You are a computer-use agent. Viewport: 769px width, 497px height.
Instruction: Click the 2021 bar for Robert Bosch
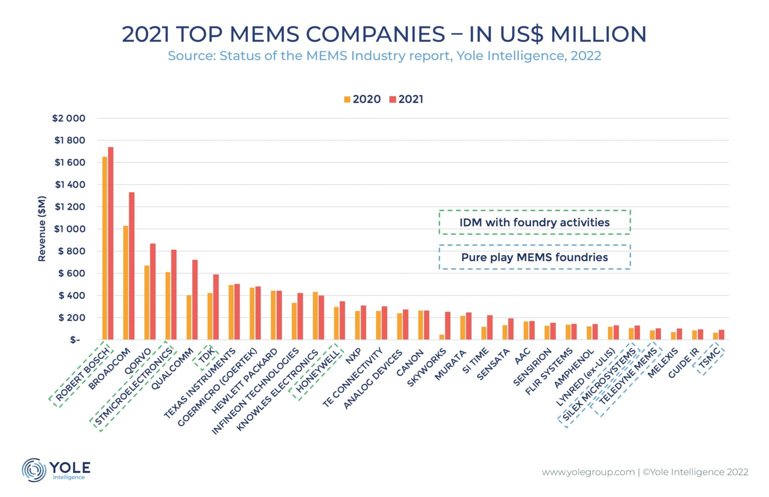tap(111, 243)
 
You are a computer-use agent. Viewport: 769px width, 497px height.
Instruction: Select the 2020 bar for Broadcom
tap(126, 283)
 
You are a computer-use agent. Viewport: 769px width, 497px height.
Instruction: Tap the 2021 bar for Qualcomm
tap(195, 300)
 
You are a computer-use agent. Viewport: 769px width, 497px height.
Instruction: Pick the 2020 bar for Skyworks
tap(442, 337)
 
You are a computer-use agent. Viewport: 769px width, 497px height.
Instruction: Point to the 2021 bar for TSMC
tap(721, 334)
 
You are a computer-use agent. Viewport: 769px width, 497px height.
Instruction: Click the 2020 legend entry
tap(362, 99)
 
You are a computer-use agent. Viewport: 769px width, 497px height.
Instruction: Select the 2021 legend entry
tap(407, 99)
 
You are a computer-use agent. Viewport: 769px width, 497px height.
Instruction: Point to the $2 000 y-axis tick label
tap(69, 119)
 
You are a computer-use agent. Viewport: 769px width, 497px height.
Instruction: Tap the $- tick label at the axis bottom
tap(75, 340)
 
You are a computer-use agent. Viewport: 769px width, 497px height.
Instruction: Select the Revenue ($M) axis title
tap(42, 229)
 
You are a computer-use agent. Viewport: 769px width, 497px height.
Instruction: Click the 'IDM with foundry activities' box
tap(534, 222)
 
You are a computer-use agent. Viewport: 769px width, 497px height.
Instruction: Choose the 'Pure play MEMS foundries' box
tap(534, 257)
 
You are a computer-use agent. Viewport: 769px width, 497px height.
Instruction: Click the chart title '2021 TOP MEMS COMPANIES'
tap(384, 34)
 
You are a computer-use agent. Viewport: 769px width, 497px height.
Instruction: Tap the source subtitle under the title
tap(384, 56)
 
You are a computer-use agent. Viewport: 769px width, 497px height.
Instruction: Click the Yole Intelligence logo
tap(56, 469)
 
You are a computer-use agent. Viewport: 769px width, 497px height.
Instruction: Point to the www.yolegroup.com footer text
tap(588, 472)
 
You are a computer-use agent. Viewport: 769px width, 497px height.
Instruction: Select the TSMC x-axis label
tap(709, 358)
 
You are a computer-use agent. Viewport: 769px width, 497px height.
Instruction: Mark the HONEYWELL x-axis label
tap(317, 371)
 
